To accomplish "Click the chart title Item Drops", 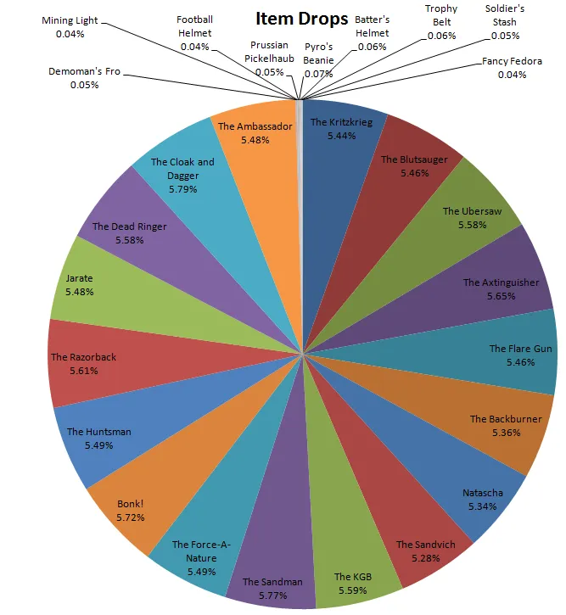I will pos(301,19).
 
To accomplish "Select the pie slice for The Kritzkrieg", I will pos(339,144).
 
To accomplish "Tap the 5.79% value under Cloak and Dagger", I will pos(182,189).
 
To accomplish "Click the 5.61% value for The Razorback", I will pos(83,371).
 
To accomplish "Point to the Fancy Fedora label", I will pos(512,62).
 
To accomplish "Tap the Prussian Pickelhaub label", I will pos(268,50).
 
